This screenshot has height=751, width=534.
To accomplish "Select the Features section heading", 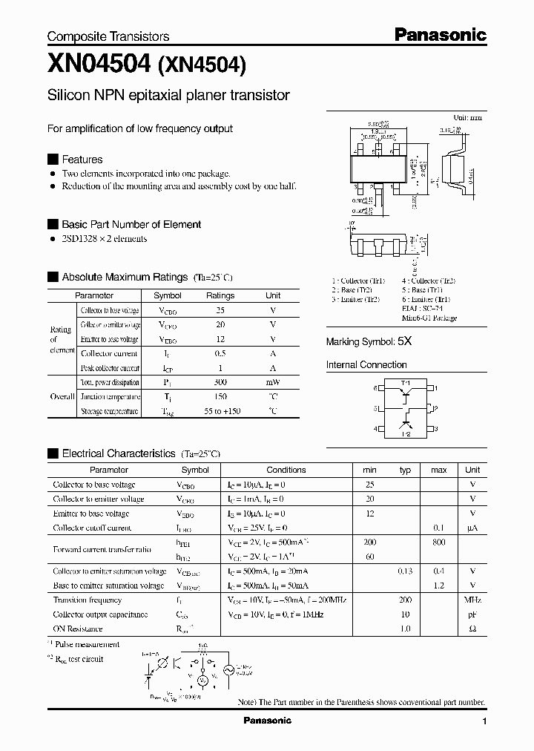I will click(x=82, y=160).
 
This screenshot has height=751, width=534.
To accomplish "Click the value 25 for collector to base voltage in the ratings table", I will click(x=220, y=310).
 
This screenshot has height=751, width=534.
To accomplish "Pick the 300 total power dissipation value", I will click(x=220, y=382).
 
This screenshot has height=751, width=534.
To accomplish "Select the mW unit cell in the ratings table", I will click(x=273, y=382).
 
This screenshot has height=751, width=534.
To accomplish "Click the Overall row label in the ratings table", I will click(x=62, y=396).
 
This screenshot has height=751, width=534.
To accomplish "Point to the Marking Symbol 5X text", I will click(x=369, y=342).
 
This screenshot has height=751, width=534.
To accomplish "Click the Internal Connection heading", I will click(x=366, y=365).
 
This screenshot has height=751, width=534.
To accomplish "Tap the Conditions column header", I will click(x=286, y=470).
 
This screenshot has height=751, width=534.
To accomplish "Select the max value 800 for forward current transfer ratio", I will click(x=438, y=542).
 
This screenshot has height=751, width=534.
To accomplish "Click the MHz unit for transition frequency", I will click(x=472, y=600).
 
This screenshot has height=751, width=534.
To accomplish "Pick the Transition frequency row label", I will click(x=87, y=600).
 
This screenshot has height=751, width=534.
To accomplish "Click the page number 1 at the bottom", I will click(x=484, y=721).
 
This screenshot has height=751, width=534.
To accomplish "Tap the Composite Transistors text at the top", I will click(x=108, y=36).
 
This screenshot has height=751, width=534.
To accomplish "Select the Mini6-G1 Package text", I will click(x=429, y=318).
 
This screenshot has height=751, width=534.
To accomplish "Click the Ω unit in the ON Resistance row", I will click(x=472, y=629).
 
